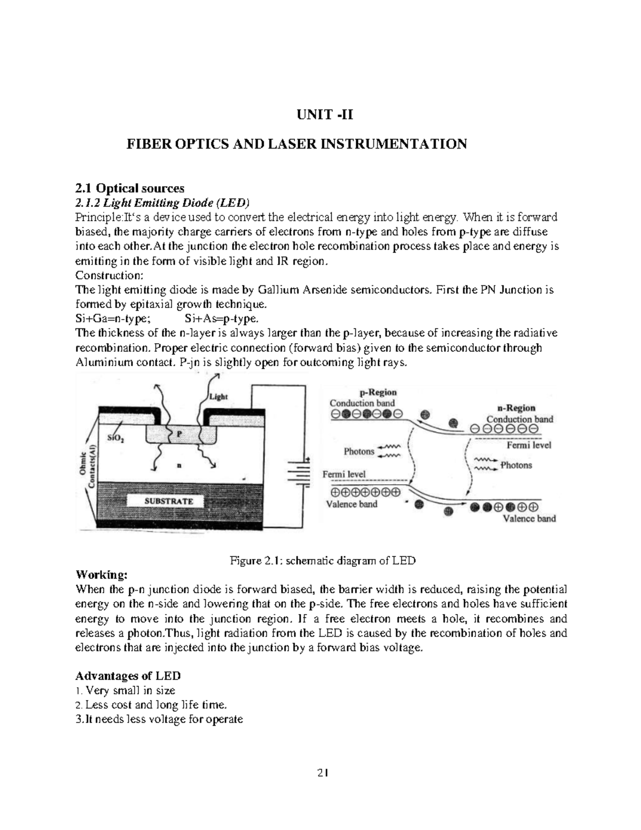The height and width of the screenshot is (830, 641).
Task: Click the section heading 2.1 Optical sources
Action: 130,188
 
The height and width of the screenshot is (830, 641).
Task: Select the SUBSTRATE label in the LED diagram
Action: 169,501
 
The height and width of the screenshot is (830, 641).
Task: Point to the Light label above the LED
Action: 218,397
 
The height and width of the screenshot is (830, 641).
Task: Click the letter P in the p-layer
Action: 179,434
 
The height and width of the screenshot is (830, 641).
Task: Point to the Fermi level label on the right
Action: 528,445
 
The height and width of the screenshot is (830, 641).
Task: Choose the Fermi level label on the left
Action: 344,474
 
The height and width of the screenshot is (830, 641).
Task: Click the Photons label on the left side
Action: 359,452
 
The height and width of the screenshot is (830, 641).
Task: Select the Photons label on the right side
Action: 516,466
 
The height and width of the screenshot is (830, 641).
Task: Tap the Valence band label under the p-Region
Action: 351,504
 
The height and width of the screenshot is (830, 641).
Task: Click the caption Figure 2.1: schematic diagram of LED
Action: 323,561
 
